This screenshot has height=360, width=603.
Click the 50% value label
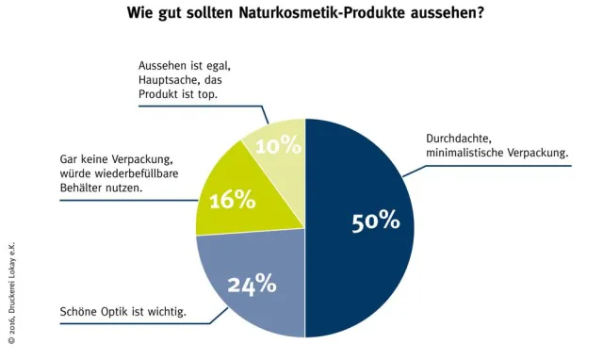pos(376,221)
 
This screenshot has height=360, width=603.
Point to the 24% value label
pos(252,283)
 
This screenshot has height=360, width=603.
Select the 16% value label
pos(233,200)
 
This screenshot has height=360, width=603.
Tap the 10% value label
pos(279,146)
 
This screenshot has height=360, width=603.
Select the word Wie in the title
pos(139,16)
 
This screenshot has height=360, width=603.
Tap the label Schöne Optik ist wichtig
pos(122,311)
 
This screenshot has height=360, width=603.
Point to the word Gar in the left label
pos(71,160)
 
